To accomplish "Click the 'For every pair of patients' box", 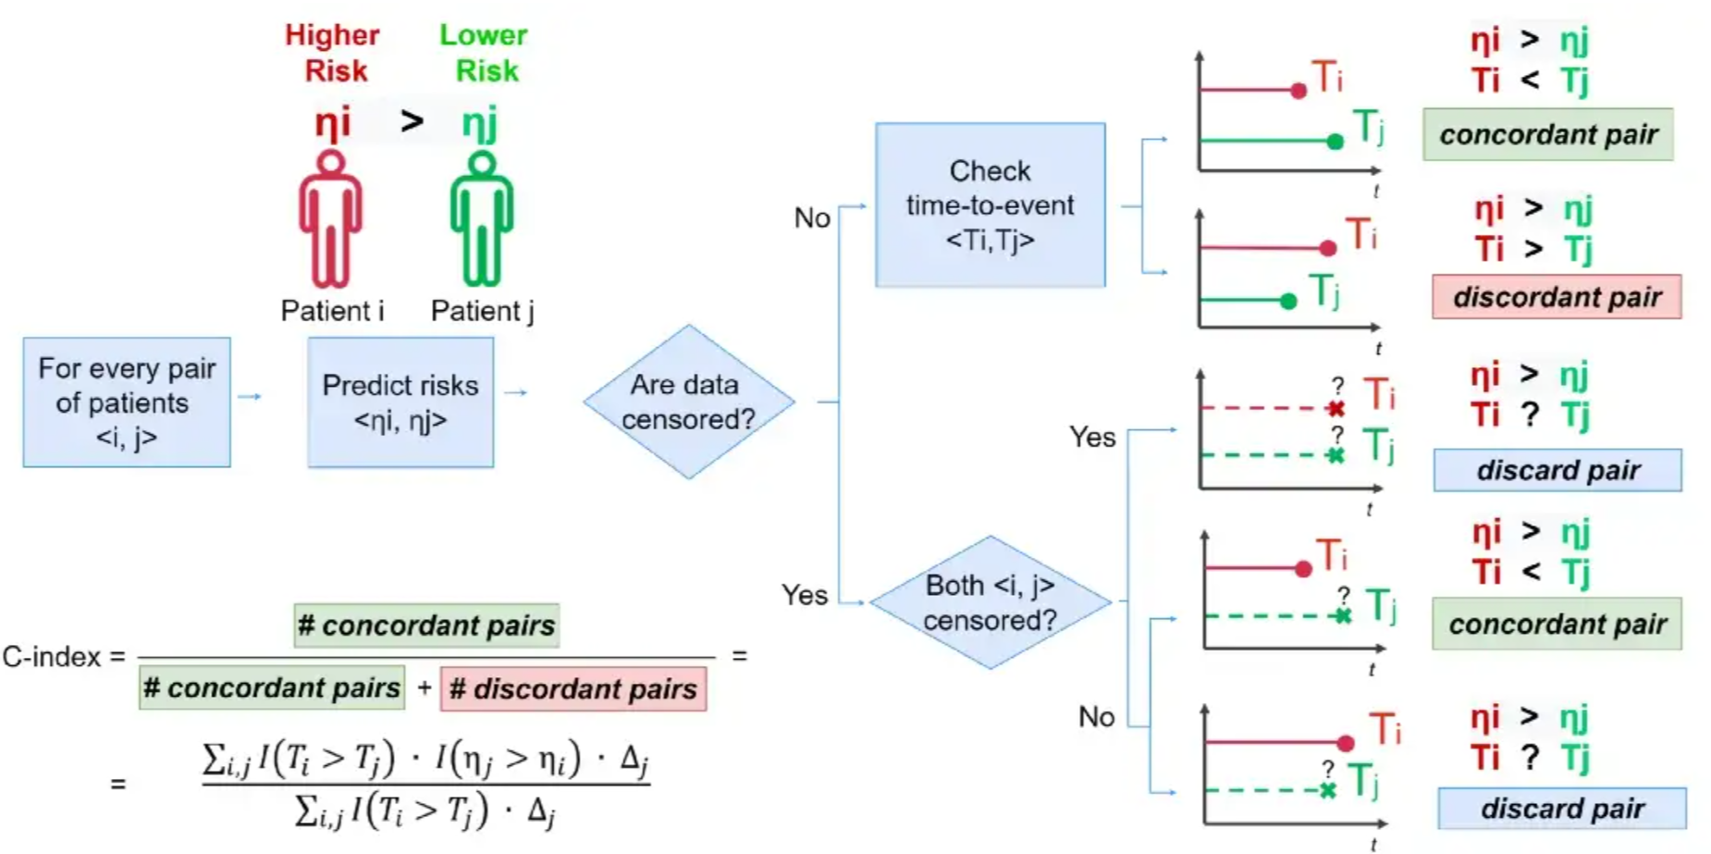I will [x=127, y=402].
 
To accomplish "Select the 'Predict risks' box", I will [x=400, y=402].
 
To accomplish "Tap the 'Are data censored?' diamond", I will [x=688, y=402].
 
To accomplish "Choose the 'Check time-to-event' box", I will [x=990, y=204].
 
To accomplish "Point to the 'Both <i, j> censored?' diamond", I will [x=990, y=602].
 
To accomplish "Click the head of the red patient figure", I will [x=330, y=164].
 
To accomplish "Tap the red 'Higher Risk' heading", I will [x=333, y=53].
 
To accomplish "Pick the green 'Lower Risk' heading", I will [x=484, y=53].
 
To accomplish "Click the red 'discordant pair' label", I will [x=1557, y=297].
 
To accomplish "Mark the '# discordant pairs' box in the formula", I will [x=573, y=688].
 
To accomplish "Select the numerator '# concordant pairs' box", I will [x=426, y=625].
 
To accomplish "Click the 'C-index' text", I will [x=53, y=657].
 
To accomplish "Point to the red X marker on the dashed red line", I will [x=1336, y=408].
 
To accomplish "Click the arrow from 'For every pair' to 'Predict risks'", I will [x=250, y=397].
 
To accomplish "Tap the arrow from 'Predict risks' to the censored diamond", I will [x=516, y=393].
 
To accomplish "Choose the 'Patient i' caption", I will [x=332, y=311].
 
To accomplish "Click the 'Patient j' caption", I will [x=482, y=311].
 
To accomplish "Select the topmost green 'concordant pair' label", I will [x=1548, y=135].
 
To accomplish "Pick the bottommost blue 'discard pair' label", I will [x=1562, y=809].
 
